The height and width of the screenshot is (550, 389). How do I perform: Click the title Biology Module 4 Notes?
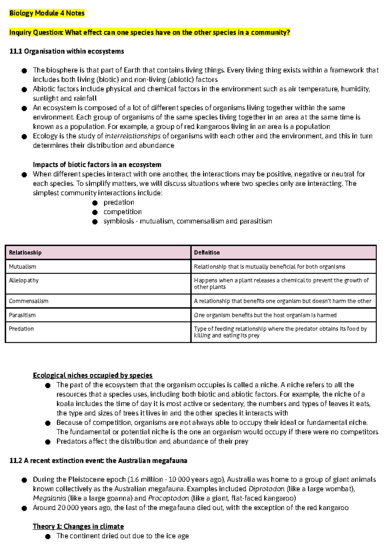(x=47, y=13)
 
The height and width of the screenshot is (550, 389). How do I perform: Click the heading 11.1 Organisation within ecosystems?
(x=67, y=51)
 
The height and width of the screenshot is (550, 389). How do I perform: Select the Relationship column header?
(x=25, y=253)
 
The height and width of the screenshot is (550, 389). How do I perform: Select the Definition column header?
(x=207, y=253)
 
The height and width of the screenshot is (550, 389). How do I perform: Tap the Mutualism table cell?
(x=23, y=267)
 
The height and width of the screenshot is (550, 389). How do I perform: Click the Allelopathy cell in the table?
(x=24, y=280)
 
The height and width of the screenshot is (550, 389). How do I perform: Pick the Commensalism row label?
(x=29, y=301)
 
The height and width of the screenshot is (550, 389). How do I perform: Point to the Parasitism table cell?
(x=22, y=315)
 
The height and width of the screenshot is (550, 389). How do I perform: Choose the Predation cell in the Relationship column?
(x=21, y=329)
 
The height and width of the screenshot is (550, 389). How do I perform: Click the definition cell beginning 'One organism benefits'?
(x=265, y=315)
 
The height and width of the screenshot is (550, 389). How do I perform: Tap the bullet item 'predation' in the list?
(x=119, y=202)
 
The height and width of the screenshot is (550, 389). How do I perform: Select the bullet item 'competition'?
(x=123, y=212)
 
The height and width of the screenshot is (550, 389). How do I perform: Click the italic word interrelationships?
(x=133, y=136)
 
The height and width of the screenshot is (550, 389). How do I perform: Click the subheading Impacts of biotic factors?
(x=97, y=165)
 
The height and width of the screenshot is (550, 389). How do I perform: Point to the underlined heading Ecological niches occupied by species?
(x=92, y=375)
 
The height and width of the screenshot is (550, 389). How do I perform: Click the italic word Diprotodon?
(x=266, y=489)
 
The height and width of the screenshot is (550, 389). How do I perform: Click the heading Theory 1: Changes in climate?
(x=78, y=526)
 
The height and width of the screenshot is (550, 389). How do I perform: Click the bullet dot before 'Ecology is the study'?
(x=24, y=136)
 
